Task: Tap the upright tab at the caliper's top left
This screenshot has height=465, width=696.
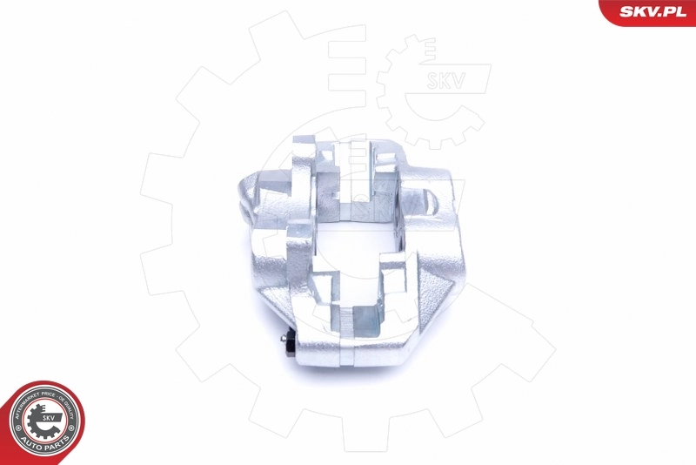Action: [x=304, y=157]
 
